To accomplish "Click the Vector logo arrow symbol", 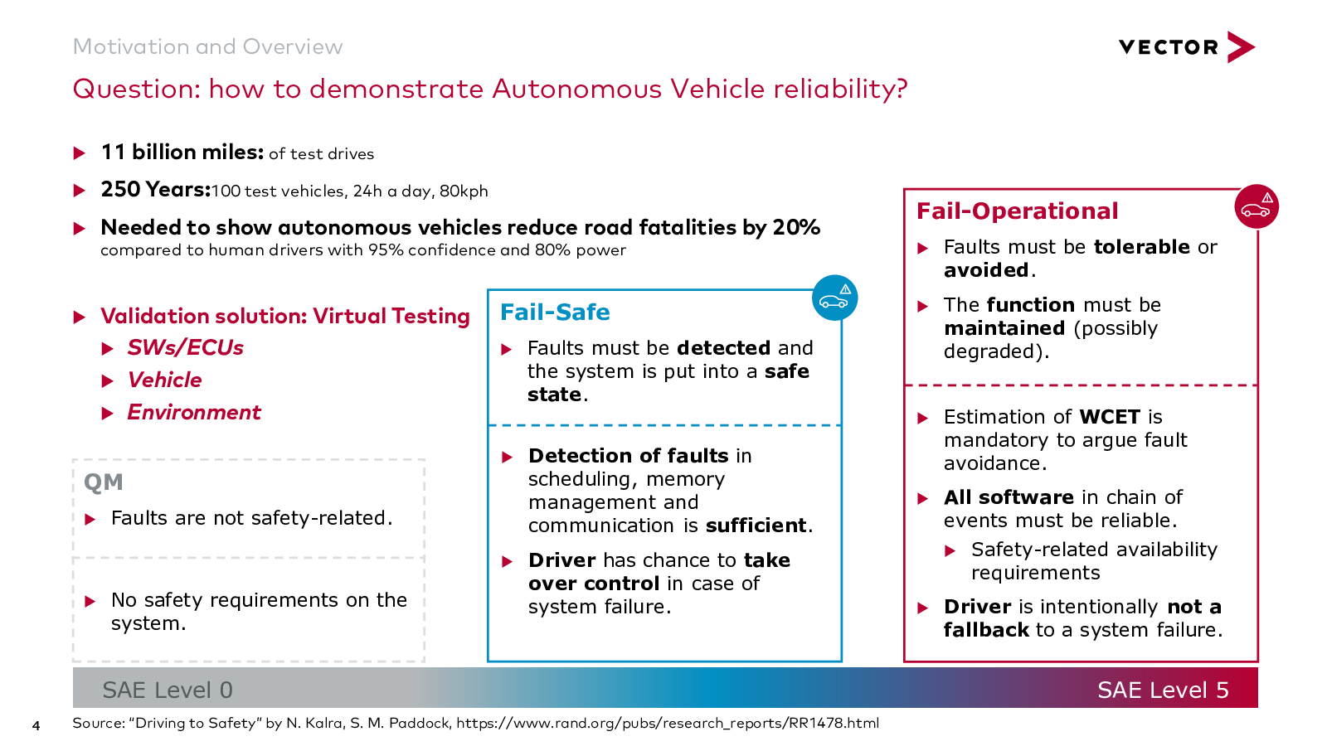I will point(1241,47).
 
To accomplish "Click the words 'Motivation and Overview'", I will point(207,46).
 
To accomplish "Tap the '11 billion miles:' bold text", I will point(182,153).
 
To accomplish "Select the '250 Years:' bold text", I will point(156,190).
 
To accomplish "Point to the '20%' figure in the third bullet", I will point(796,227).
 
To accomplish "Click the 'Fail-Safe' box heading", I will point(555,312).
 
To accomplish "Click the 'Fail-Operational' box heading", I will point(1017,211).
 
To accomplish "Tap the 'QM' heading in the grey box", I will point(104,482).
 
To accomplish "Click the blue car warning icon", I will point(834,298).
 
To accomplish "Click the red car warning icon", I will point(1257,206).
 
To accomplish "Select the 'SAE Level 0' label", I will point(168,690).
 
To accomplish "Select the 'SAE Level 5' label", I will point(1163,690).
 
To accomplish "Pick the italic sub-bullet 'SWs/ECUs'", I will point(185,348).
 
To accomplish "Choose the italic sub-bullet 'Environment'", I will point(194,413).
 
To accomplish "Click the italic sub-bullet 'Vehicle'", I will point(164,380).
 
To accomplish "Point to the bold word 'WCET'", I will point(1110,417).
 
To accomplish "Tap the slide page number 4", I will point(36,726).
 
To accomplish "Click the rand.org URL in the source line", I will point(667,723).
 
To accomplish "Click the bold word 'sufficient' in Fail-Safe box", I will point(756,526).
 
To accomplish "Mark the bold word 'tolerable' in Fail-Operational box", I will point(1141,247).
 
